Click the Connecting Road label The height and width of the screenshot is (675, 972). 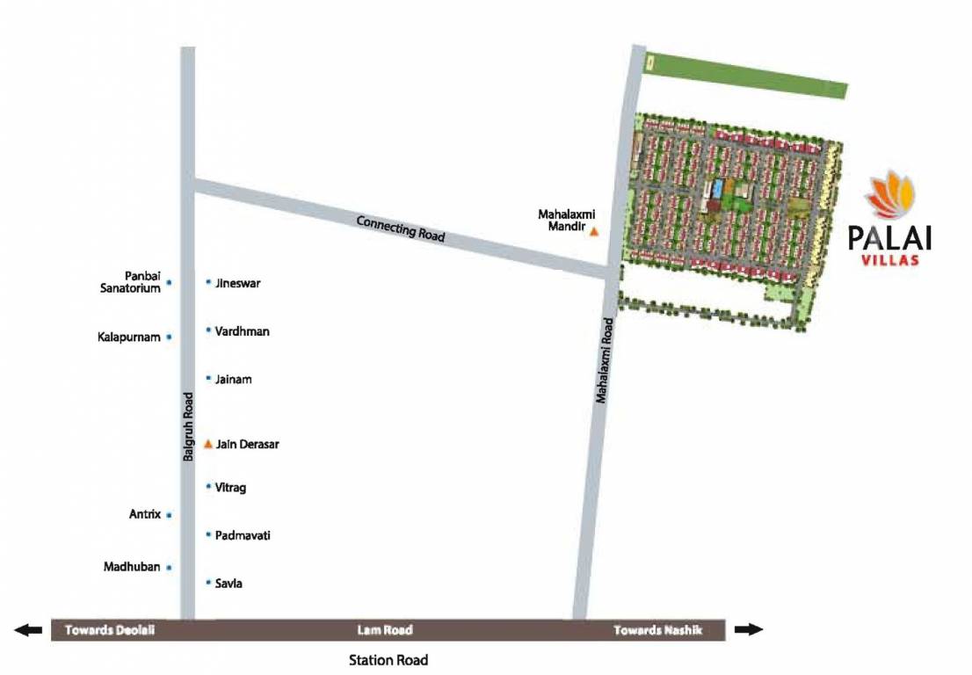pos(401,229)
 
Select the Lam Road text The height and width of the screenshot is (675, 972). pos(385,630)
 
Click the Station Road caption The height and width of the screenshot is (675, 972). pos(388,659)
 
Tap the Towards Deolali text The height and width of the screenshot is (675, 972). pos(110,630)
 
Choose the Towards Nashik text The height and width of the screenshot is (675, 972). pos(657,630)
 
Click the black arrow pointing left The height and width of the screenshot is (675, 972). pos(28,629)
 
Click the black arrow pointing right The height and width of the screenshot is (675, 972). pos(749,629)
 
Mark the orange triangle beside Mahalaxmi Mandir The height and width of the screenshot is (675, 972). pos(594,232)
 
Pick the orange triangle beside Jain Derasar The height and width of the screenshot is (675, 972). pos(208,444)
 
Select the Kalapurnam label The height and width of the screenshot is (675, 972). pos(129,337)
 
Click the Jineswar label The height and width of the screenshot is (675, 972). pos(238,283)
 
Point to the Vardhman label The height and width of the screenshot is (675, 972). pos(242,331)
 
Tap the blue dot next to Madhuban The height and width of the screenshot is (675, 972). pos(169,568)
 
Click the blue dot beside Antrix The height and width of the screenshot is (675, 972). pos(169,515)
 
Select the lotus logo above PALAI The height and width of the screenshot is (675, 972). pos(889,194)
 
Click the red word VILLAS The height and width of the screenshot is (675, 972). pos(890,258)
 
